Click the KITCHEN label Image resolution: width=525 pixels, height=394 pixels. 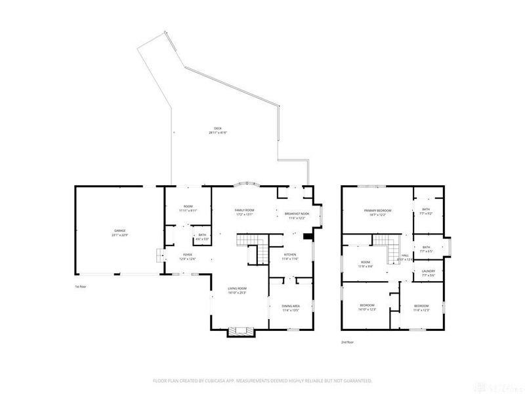click(290, 256)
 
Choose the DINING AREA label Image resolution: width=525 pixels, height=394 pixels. click(291, 307)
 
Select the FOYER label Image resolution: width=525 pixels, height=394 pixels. click(188, 257)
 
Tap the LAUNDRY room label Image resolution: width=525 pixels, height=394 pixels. click(428, 272)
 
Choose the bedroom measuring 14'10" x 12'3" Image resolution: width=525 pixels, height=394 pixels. click(367, 307)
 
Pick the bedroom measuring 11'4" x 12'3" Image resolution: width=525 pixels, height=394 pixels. click(421, 307)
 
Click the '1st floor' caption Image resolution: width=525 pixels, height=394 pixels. click(81, 286)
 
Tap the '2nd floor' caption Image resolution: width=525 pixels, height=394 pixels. click(348, 342)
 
